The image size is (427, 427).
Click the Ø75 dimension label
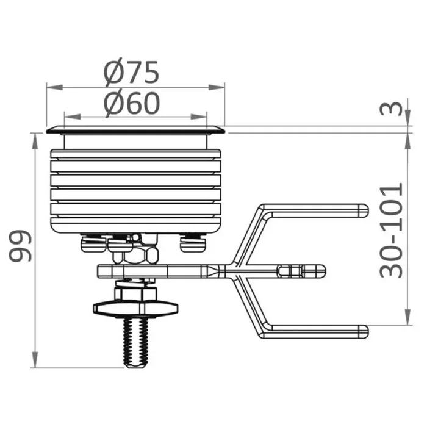pos(131,73)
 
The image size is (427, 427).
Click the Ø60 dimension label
pos(132,104)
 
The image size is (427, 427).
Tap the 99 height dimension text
pos(20,246)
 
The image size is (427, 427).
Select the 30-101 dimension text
pos(391,231)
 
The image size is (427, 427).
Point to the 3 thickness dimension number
pos(391,109)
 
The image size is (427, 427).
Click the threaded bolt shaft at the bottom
pos(136,343)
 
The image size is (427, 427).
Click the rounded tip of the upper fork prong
pos(364,210)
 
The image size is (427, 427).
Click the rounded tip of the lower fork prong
pos(364,332)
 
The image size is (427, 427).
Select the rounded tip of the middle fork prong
pos(321,271)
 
